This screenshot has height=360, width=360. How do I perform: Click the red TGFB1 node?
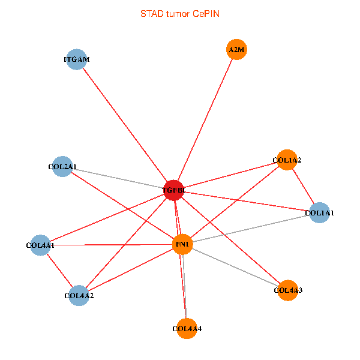click(x=173, y=190)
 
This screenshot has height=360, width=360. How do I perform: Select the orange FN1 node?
click(x=182, y=244)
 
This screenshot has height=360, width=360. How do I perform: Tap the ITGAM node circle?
click(x=76, y=59)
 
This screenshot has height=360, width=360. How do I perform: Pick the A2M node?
click(x=236, y=50)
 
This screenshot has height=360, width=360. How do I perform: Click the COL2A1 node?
click(x=62, y=166)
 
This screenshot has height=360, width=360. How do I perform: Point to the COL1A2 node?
click(x=287, y=160)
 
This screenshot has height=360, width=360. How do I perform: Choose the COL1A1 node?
click(x=319, y=212)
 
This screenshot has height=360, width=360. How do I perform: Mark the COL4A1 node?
click(x=40, y=245)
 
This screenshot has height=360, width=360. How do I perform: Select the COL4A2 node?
click(x=79, y=295)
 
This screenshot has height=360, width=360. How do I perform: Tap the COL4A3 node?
click(x=288, y=290)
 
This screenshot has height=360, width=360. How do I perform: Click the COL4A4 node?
click(x=187, y=328)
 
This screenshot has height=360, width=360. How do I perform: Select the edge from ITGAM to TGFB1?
click(x=125, y=125)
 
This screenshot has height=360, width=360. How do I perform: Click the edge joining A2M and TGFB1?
click(x=205, y=120)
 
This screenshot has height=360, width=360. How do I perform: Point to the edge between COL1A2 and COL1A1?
click(x=303, y=186)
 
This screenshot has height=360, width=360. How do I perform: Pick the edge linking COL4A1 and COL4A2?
click(x=59, y=270)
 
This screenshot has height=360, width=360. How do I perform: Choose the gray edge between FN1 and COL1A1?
click(x=251, y=229)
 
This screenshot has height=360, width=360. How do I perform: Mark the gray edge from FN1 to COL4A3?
click(x=235, y=268)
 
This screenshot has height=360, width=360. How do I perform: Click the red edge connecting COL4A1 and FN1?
click(x=111, y=245)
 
